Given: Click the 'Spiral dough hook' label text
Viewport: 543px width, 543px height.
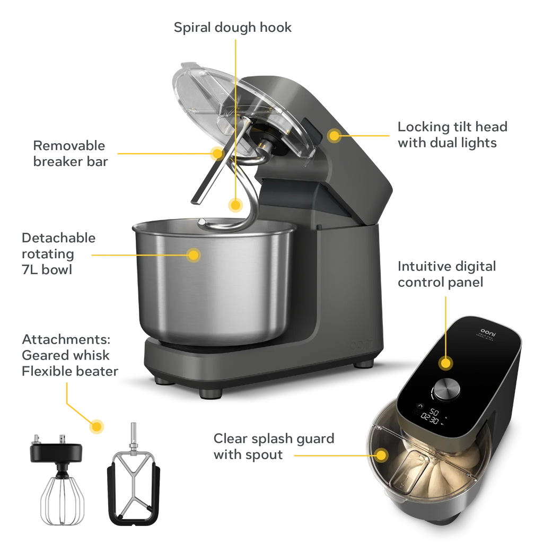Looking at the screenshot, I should [x=233, y=27].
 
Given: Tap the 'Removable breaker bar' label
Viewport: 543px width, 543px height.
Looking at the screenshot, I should [x=69, y=153].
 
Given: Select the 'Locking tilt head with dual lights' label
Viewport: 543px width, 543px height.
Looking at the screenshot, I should [x=452, y=135].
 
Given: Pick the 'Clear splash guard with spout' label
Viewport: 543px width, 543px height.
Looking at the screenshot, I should [x=274, y=446].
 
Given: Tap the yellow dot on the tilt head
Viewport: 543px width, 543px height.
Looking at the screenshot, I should [x=334, y=136].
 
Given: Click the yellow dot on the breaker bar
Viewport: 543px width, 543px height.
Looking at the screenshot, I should [x=216, y=153].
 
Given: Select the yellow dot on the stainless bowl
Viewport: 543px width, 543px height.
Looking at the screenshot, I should [x=194, y=255].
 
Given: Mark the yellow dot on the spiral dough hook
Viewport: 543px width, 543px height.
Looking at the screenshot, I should [x=235, y=205].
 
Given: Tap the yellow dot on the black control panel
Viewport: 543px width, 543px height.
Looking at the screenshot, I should [x=446, y=363].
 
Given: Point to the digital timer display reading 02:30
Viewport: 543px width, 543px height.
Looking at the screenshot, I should [x=429, y=420].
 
